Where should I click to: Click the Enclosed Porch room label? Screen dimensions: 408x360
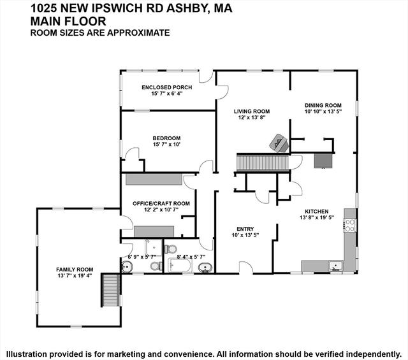pyautogui.click(x=167, y=87)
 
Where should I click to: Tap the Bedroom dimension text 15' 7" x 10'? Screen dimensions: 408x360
pyautogui.click(x=167, y=145)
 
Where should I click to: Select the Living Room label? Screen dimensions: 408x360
pyautogui.click(x=252, y=112)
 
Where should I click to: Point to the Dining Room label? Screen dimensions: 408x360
pyautogui.click(x=323, y=105)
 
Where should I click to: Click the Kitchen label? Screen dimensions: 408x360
pyautogui.click(x=317, y=212)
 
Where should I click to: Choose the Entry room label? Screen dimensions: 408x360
pyautogui.click(x=245, y=229)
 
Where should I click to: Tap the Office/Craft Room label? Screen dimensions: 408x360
pyautogui.click(x=161, y=203)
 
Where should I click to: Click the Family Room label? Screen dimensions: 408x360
pyautogui.click(x=75, y=270)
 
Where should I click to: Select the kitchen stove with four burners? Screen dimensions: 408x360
pyautogui.click(x=350, y=226)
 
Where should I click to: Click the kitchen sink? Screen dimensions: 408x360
pyautogui.click(x=335, y=266)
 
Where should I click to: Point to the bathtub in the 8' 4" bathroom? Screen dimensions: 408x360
pyautogui.click(x=180, y=265)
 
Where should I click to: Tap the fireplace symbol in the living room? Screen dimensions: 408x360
pyautogui.click(x=279, y=143)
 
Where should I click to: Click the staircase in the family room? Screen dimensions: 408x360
pyautogui.click(x=111, y=289)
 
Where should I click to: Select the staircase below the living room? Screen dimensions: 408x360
pyautogui.click(x=263, y=162)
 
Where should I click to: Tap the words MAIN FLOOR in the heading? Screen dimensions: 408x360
pyautogui.click(x=68, y=21)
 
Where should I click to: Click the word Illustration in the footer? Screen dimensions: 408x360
pyautogui.click(x=25, y=354)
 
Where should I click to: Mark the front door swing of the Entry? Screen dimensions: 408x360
pyautogui.click(x=246, y=268)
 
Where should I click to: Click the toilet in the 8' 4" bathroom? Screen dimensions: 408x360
pyautogui.click(x=170, y=249)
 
